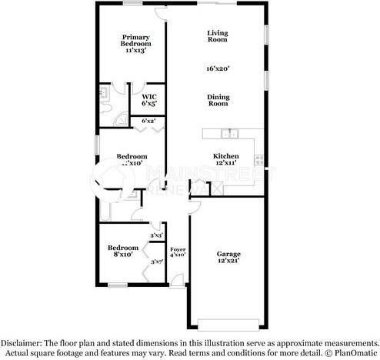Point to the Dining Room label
point(219,100)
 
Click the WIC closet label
point(148,99)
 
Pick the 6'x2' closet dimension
point(149,121)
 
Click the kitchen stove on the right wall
point(260,160)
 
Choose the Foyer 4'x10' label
point(177,252)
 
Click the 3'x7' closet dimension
point(156,262)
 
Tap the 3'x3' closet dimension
point(155,235)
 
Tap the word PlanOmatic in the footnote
point(355,352)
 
